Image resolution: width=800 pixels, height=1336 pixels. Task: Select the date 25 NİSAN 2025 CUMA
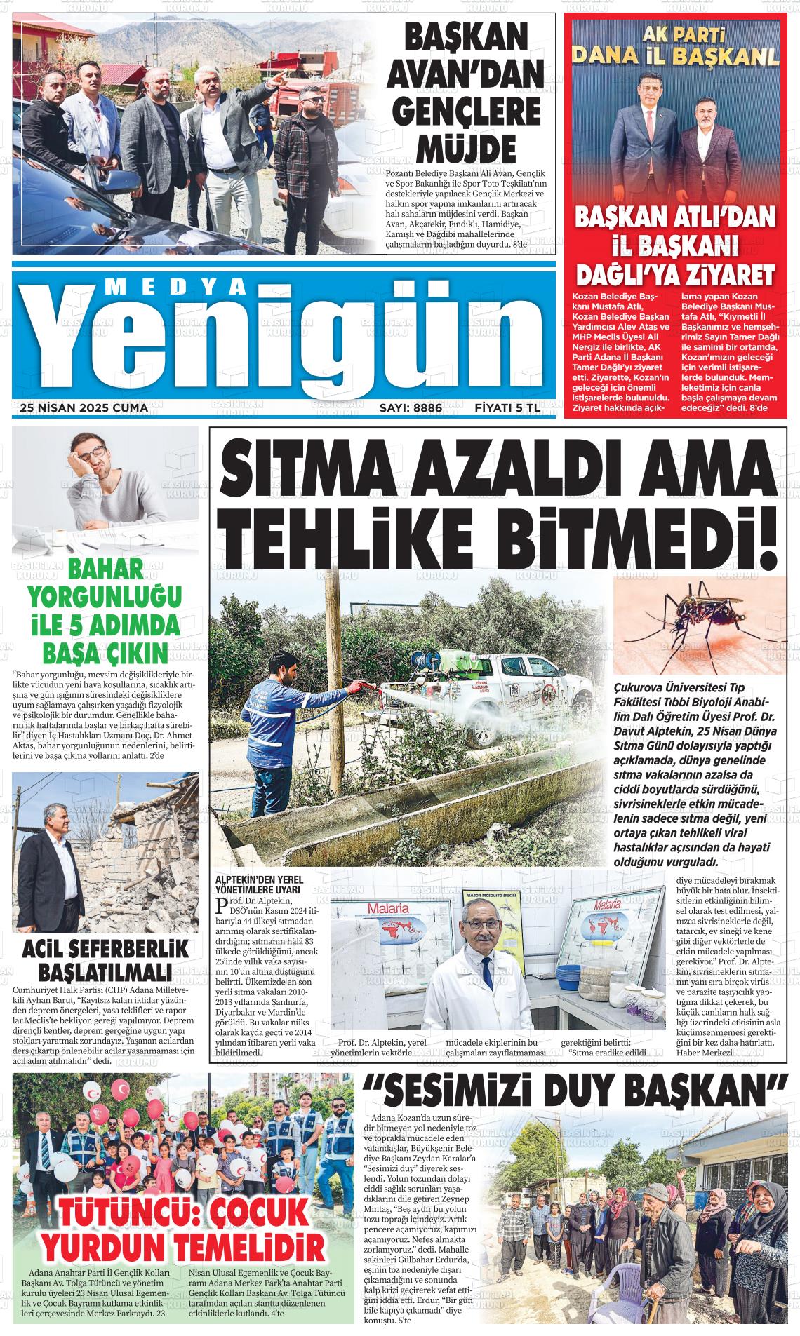click(x=84, y=407)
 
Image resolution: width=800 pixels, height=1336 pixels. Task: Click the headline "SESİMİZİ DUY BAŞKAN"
click(x=574, y=1091)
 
